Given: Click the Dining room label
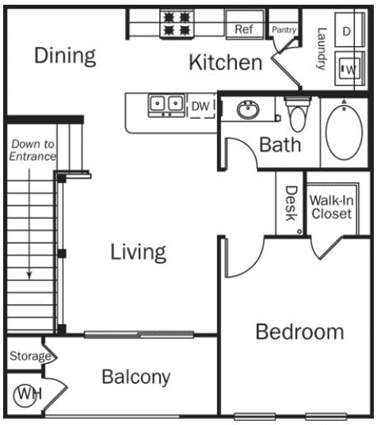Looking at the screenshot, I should pos(65,56).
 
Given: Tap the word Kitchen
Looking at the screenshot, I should pos(225,63).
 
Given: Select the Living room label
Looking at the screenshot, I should pos(138,252).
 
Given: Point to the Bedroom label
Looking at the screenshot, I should pos(299,331).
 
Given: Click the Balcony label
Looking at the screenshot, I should pos(135,377).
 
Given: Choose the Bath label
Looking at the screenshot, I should pos(280,144).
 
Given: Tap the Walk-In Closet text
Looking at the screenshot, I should pos(331,207).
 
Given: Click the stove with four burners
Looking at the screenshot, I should pos(177,24).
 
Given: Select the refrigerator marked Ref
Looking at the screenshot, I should pos(243,29).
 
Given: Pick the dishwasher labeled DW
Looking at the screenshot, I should pos(200,105).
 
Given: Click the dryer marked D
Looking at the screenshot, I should pos(347,31).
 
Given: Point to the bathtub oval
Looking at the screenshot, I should pos(344,132).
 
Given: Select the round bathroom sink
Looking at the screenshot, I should pos(248,109).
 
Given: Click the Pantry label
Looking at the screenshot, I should pos(283,29).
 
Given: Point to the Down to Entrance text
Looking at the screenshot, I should pos(32,151).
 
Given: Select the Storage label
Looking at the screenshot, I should pos(29,356).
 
